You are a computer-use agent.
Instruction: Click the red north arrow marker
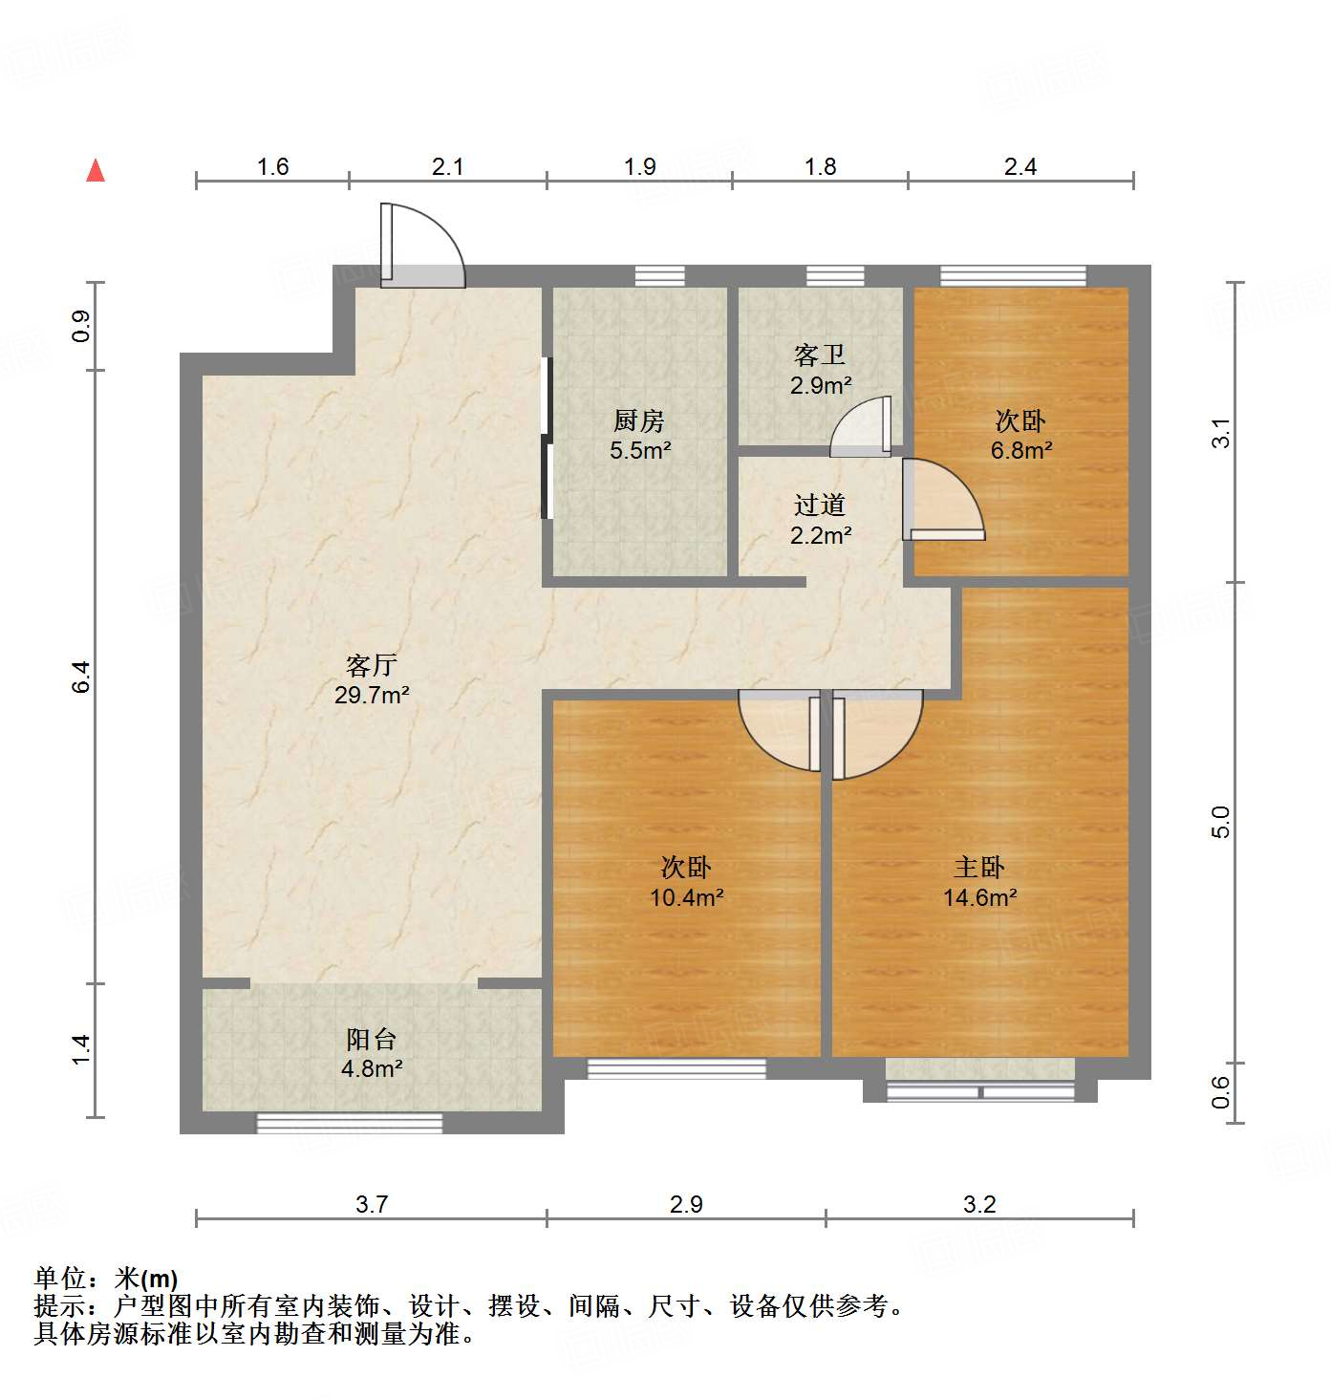[96, 170]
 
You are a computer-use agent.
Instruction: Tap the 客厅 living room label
[371, 664]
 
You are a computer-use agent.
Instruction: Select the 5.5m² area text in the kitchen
[640, 450]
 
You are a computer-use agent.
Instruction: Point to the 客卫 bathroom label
[820, 355]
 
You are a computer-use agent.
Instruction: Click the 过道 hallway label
[820, 505]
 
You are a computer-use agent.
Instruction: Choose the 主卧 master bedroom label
[979, 867]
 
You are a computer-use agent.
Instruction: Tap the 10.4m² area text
[686, 897]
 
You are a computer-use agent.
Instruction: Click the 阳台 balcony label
[371, 1039]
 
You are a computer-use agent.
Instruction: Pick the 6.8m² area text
[1020, 450]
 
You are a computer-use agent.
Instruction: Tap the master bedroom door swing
[877, 731]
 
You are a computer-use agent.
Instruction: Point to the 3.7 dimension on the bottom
[371, 1204]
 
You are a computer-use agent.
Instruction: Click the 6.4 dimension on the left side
[82, 677]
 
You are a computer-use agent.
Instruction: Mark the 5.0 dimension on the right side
[1220, 822]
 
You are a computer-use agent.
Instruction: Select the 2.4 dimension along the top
[1020, 167]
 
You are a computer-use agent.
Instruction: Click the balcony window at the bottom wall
[350, 1123]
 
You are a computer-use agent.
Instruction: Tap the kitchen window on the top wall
[660, 276]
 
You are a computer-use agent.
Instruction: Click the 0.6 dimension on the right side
[1220, 1092]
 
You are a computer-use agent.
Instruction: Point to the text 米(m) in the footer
[146, 1278]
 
